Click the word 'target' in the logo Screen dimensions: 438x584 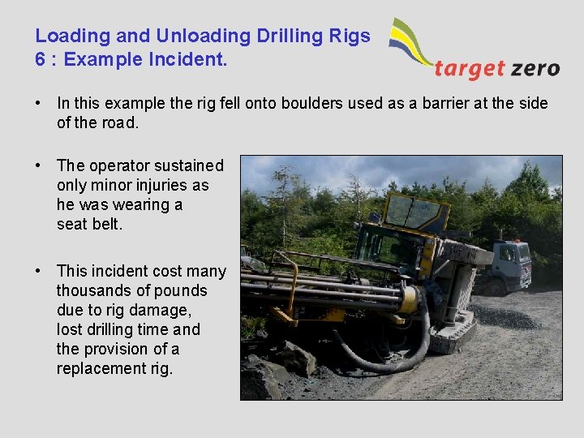coord(470,68)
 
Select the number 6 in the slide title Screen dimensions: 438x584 coord(41,59)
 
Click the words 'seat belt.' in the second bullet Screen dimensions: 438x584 coord(89,224)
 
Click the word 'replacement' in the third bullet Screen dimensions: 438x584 coord(99,368)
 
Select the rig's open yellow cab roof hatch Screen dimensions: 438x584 coord(414,211)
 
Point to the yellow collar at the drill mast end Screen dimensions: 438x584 coord(410,303)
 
